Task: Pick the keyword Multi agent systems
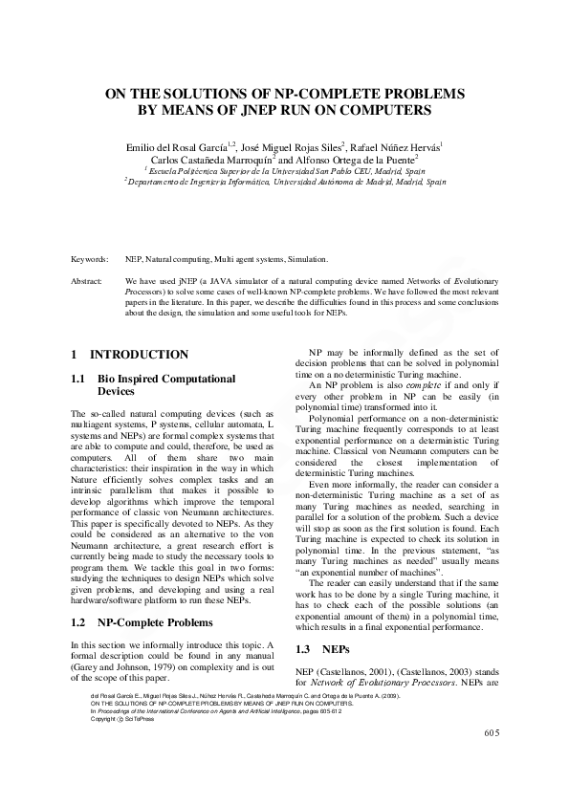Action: (252, 259)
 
